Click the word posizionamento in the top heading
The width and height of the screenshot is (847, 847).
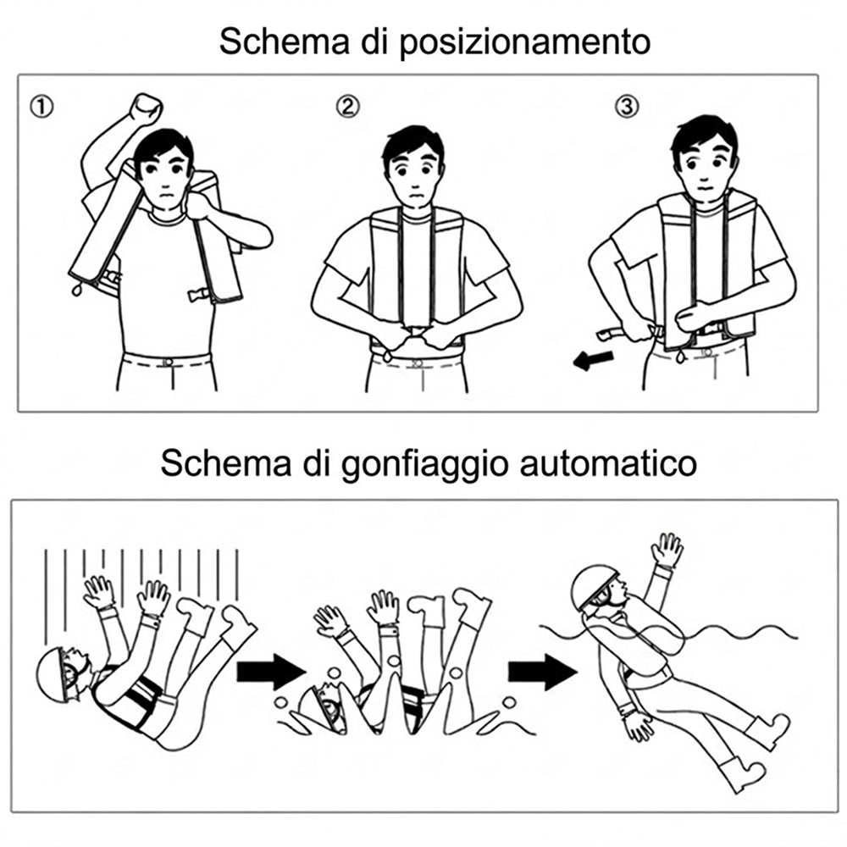[524, 42]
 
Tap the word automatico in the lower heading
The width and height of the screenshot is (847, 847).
[608, 463]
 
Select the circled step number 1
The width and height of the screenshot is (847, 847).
[42, 107]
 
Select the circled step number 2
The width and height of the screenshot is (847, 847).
[347, 107]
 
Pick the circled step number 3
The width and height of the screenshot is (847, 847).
[627, 107]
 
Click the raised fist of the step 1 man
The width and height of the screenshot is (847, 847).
[147, 108]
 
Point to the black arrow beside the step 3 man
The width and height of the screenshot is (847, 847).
[593, 360]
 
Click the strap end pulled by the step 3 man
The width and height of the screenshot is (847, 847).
[612, 333]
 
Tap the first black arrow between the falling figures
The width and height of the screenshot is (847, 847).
[271, 672]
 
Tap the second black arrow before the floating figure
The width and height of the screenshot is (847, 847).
[542, 672]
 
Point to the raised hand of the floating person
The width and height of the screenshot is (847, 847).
[667, 550]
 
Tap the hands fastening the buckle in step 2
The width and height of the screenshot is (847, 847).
[416, 336]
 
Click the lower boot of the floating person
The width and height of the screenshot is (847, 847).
[744, 774]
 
